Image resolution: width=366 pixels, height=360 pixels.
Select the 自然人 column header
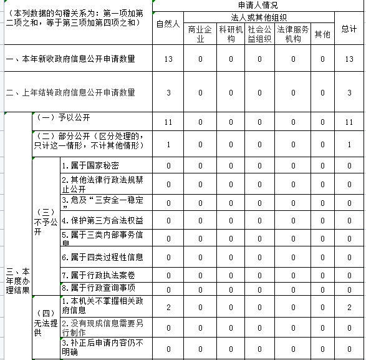click(168, 24)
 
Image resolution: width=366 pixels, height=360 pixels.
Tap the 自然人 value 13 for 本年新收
click(168, 59)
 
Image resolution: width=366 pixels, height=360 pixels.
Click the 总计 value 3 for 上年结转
click(349, 92)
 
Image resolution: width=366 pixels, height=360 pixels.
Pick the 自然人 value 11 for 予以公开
click(168, 122)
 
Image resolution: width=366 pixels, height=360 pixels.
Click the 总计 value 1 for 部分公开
click(349, 145)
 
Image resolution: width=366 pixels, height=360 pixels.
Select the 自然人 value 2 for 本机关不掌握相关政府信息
click(168, 307)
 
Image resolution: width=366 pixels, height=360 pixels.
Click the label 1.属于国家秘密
click(90, 165)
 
